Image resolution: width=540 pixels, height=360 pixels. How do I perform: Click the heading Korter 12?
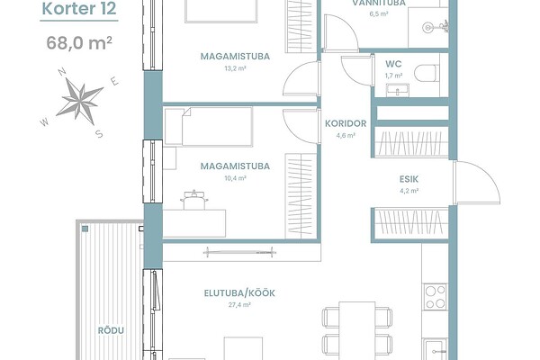click(x=79, y=9)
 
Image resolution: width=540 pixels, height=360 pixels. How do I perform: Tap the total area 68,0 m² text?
click(x=79, y=43)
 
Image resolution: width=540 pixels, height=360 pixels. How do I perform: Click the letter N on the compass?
click(x=62, y=72)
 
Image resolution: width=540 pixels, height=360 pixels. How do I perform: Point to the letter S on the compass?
click(x=99, y=134)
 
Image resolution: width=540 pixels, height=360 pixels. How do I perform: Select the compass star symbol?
click(x=80, y=102)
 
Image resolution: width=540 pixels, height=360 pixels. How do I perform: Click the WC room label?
click(x=393, y=64)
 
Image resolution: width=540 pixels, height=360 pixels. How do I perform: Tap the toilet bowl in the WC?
click(x=427, y=73)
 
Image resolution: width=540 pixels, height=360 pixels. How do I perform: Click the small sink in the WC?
click(x=398, y=90)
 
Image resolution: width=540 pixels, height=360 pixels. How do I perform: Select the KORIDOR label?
click(x=346, y=123)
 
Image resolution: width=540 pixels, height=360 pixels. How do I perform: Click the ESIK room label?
click(x=409, y=179)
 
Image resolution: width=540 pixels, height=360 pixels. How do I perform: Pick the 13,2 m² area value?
click(x=235, y=68)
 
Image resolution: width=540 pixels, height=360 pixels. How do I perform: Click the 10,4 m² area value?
click(x=235, y=178)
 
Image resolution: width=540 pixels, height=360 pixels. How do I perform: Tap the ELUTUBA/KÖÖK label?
click(x=239, y=293)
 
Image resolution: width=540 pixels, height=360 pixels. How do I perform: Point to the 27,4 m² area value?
click(x=239, y=305)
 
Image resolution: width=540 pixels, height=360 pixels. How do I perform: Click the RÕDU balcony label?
click(x=111, y=330)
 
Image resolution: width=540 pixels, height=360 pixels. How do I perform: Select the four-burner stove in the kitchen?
click(x=436, y=297)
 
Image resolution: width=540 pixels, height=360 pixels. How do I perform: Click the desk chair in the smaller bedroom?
click(x=194, y=200)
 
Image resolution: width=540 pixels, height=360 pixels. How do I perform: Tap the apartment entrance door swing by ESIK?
click(x=477, y=183)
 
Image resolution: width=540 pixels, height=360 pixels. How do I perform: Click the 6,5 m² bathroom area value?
click(x=379, y=13)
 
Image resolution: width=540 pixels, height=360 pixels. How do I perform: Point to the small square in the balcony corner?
click(x=85, y=229)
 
